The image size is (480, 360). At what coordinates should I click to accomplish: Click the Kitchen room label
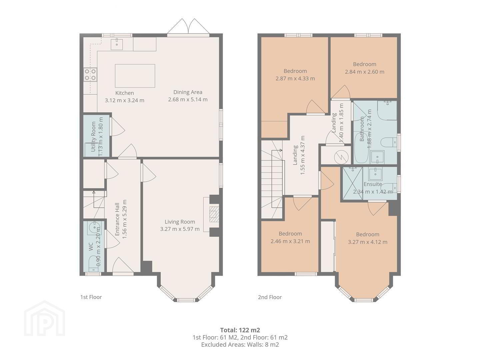[124, 93]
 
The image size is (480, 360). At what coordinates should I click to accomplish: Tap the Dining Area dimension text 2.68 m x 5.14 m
[188, 99]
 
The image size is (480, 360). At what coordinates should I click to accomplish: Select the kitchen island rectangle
[135, 76]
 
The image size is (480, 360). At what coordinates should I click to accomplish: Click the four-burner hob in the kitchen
[90, 75]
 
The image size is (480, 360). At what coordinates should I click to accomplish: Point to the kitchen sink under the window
[117, 44]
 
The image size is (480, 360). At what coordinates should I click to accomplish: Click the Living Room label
[180, 222]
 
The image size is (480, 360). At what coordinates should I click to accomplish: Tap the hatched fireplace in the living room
[214, 214]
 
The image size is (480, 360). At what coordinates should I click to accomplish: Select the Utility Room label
[93, 137]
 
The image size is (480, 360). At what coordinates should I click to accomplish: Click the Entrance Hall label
[117, 219]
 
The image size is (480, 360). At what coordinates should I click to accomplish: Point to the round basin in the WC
[94, 228]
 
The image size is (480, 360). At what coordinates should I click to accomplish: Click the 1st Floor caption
[91, 297]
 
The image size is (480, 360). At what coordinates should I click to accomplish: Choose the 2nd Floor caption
[270, 297]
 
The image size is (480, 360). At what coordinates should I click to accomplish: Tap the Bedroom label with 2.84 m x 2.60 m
[365, 64]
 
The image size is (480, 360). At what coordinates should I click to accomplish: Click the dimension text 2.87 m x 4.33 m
[295, 78]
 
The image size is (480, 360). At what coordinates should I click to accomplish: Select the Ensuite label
[373, 184]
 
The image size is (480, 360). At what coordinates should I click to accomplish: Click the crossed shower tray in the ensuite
[353, 183]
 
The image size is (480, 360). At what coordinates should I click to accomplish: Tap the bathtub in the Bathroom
[361, 148]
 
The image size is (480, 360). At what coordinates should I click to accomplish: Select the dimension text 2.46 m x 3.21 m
[290, 241]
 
